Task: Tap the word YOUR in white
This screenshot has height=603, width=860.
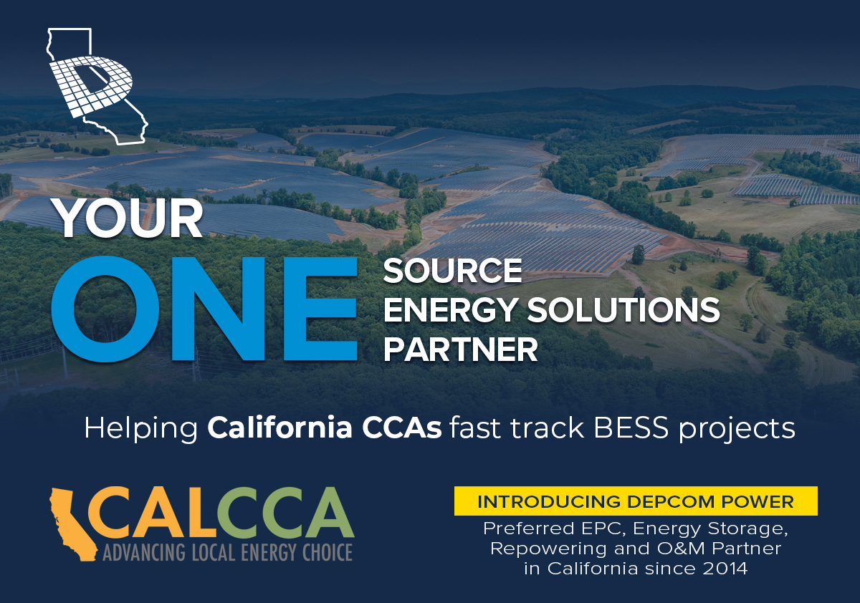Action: [128, 218]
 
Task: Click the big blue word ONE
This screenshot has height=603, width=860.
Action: [204, 309]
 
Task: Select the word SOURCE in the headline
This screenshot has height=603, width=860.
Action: [452, 271]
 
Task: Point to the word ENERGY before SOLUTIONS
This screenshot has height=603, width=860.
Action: [450, 310]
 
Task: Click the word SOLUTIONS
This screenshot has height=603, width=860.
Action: [623, 310]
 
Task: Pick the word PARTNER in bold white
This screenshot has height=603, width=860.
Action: [460, 349]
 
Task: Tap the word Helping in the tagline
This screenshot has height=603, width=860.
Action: [141, 429]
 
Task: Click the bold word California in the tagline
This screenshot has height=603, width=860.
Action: [280, 428]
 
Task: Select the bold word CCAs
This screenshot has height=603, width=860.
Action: [401, 428]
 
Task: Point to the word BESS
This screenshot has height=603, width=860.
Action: [631, 428]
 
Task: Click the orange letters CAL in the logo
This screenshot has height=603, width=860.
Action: [153, 513]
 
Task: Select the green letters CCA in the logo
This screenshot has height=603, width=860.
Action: [286, 513]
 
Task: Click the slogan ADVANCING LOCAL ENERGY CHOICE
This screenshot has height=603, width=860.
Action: [228, 553]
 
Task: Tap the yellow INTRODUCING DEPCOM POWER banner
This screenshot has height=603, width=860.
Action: [636, 501]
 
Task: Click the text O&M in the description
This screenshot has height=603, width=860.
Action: [681, 549]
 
